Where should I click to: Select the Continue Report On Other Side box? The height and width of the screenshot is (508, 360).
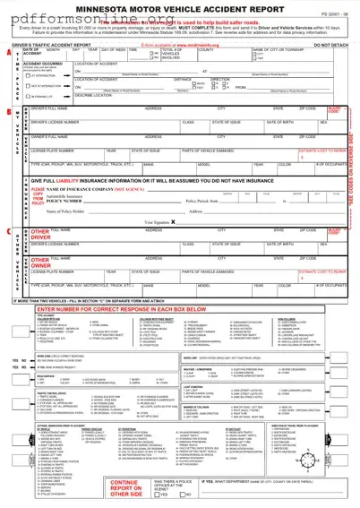(124, 489)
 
